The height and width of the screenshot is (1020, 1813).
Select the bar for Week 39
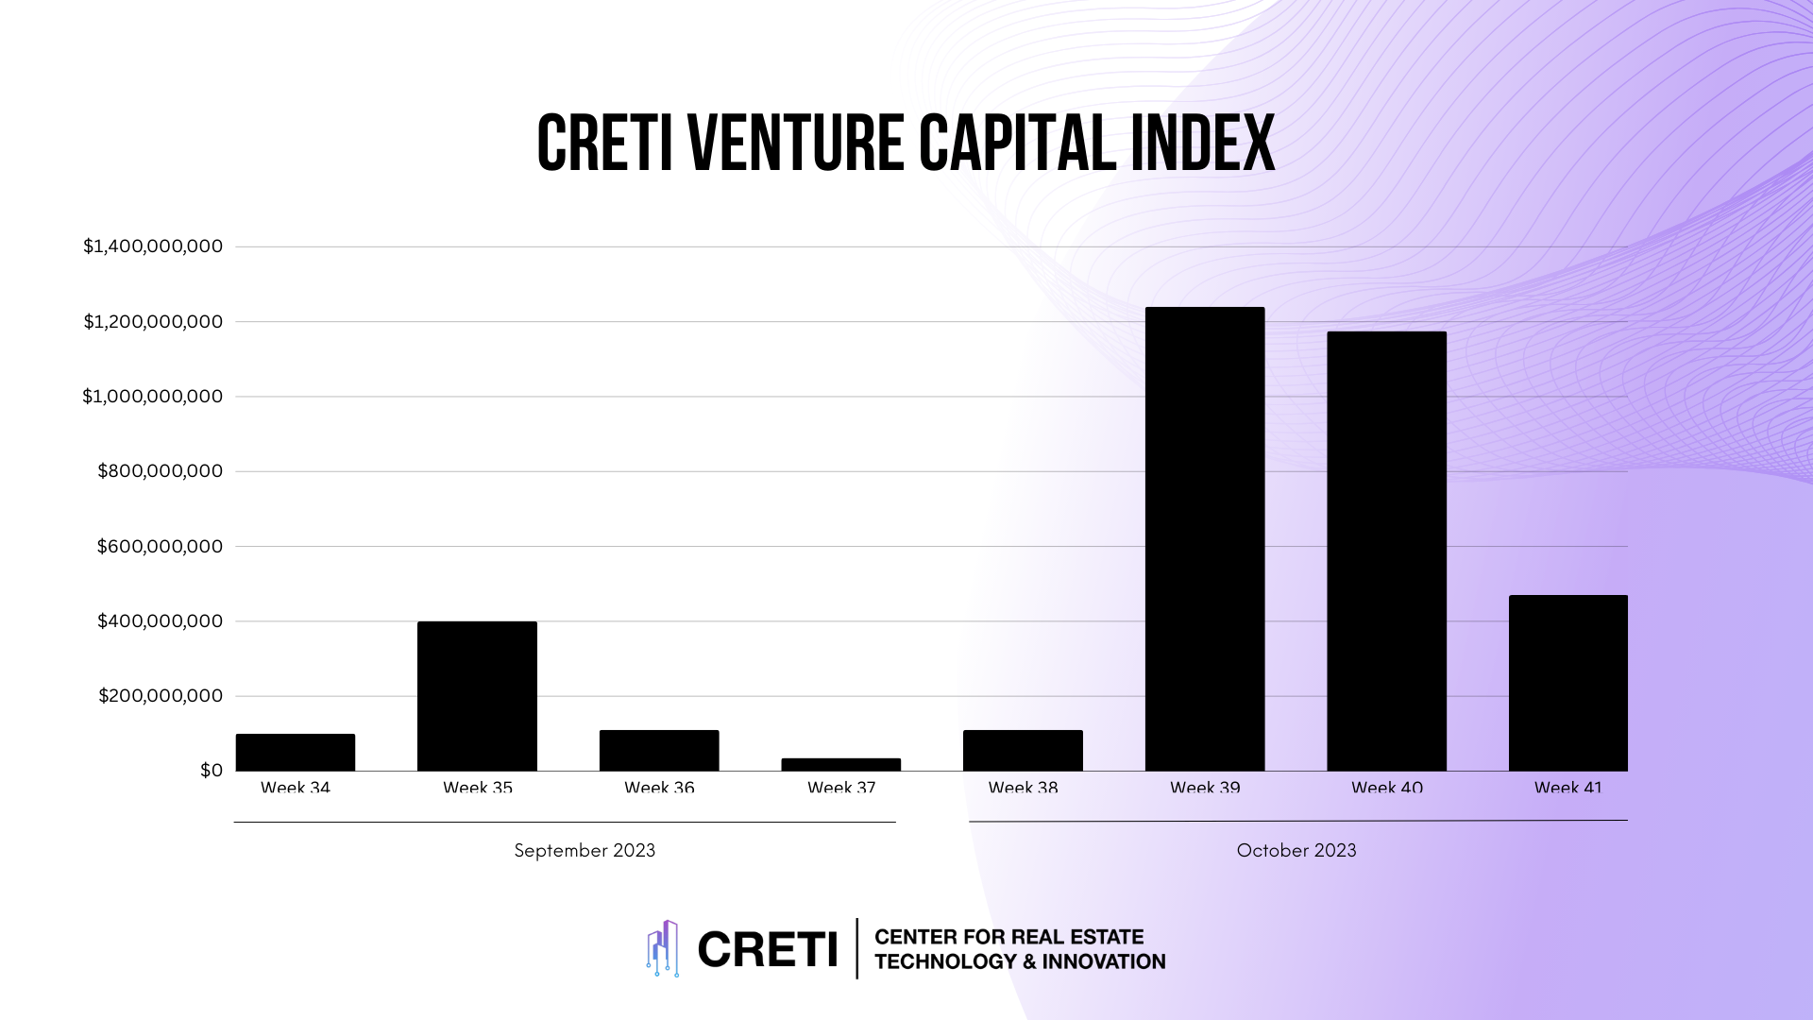pos(1204,538)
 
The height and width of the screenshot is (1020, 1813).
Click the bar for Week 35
pos(477,696)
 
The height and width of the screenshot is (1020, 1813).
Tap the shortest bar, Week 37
pos(840,764)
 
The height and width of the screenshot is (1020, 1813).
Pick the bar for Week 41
pos(1567,683)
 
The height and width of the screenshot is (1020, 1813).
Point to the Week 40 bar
pos(1386,551)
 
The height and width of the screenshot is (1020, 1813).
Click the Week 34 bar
pos(296,752)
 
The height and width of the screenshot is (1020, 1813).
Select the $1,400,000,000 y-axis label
pos(153,246)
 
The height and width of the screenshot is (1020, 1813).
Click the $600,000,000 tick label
pos(160,546)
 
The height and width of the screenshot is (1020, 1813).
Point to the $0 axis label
pos(212,771)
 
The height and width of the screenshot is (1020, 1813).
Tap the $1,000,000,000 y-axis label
pos(153,397)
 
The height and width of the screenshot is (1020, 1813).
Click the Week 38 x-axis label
pos(1023,788)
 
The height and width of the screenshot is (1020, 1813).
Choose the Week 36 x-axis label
pos(659,788)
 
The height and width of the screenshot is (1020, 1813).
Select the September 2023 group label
pos(585,850)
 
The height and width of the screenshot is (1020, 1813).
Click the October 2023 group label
pos(1296,850)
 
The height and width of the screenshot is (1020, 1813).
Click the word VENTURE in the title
pos(796,144)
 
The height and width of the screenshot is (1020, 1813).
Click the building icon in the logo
pos(663,948)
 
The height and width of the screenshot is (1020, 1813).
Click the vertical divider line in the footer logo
pos(857,948)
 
